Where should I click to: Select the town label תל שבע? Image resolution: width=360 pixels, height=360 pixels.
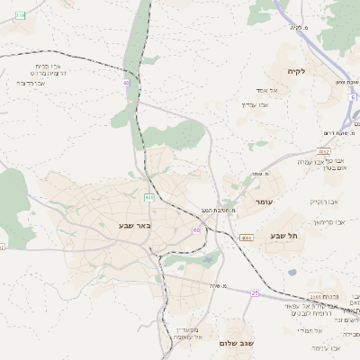click(283, 235)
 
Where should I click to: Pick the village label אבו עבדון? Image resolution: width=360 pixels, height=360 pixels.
click(255, 104)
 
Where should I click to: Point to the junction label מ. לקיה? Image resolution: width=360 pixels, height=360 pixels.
click(300, 26)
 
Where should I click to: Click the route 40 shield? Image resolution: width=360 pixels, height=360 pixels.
click(127, 83)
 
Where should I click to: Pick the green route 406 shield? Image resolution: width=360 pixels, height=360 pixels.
click(148, 196)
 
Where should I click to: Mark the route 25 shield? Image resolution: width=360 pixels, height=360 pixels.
click(255, 292)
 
